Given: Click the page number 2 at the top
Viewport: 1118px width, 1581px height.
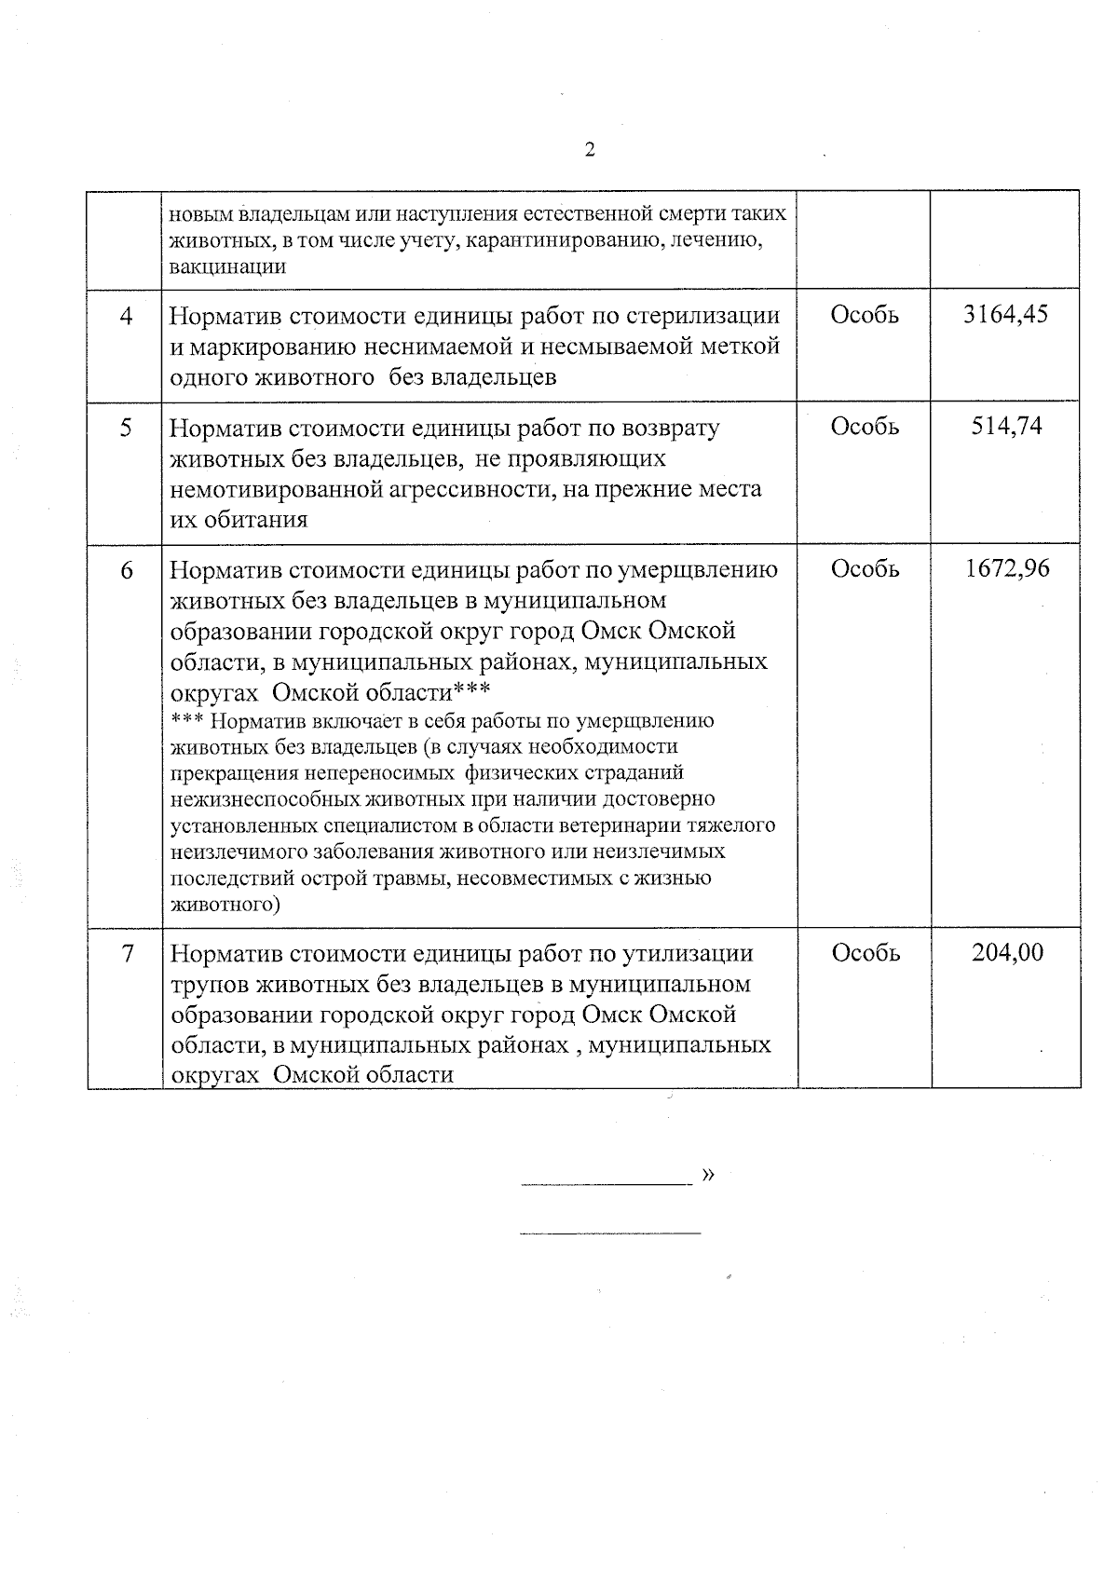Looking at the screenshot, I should (589, 150).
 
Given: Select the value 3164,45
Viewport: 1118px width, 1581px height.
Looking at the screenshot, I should (1005, 315).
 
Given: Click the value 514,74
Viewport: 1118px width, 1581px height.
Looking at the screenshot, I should (1006, 427).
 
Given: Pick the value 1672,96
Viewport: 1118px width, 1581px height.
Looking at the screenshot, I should (1006, 568).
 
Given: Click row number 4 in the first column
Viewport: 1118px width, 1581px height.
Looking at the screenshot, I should (126, 316).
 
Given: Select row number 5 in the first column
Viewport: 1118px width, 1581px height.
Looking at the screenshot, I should (126, 428).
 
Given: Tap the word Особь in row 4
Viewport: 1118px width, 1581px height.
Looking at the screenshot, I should (865, 315).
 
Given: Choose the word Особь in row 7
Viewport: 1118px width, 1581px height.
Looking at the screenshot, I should (865, 953).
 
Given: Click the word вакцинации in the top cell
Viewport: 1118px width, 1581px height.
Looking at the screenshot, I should (226, 266).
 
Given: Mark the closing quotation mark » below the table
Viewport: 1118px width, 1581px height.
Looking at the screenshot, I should (708, 1175).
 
